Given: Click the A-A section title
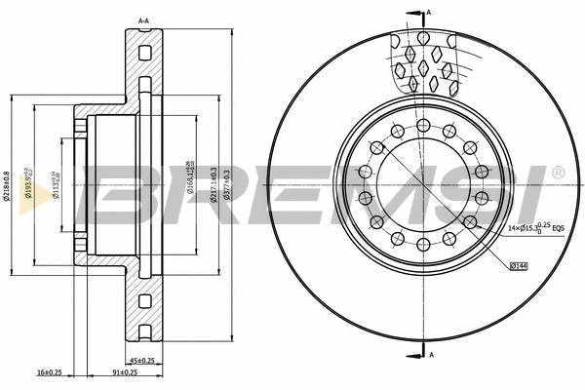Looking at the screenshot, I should click(x=143, y=20).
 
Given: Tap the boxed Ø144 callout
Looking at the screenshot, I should click(x=520, y=265).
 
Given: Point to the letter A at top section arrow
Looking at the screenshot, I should click(x=430, y=12).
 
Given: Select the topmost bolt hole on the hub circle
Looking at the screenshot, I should click(x=422, y=124).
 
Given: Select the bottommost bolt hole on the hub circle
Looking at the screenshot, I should click(x=422, y=245).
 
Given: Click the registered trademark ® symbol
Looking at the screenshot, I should click(x=558, y=173).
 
